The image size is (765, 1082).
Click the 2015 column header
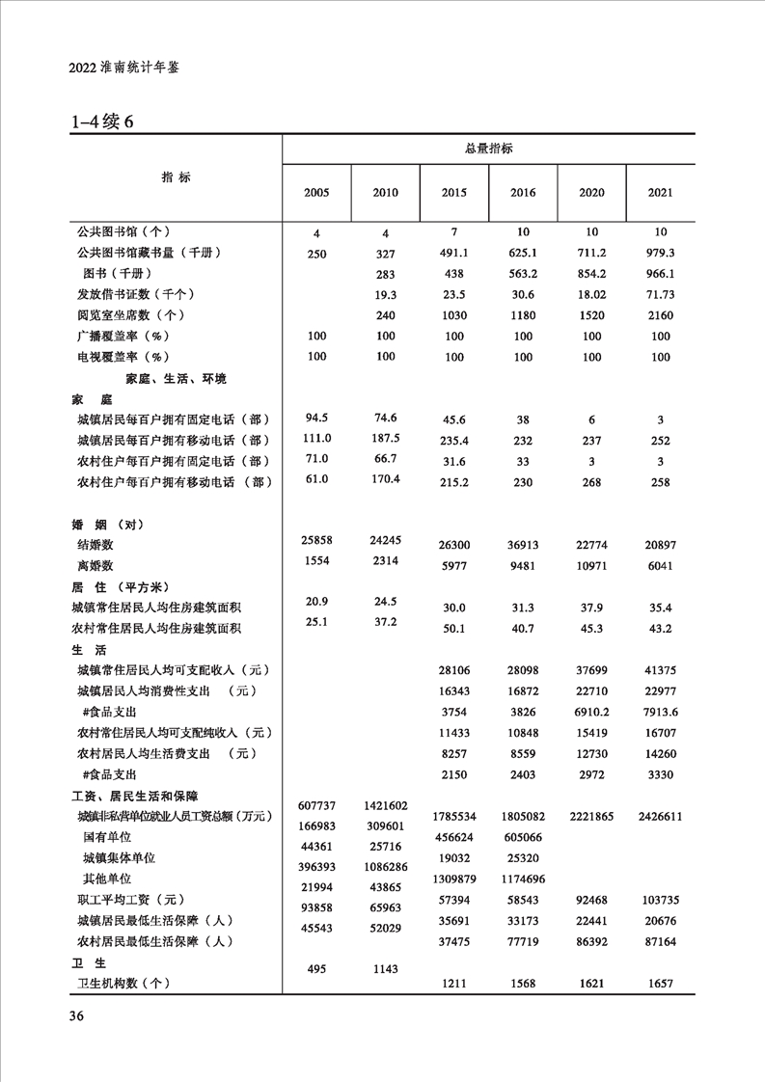point(453,193)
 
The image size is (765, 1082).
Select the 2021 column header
point(660,193)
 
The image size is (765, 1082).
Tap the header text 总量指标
point(488,149)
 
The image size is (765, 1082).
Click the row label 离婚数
point(96,567)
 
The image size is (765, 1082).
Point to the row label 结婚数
point(96,546)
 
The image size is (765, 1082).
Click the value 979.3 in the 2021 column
point(660,253)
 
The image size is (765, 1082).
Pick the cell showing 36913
point(522,546)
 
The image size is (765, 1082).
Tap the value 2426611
point(660,816)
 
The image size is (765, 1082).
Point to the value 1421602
point(385,806)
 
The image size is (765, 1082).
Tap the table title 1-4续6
point(100,122)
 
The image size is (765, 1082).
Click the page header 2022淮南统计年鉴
point(125,69)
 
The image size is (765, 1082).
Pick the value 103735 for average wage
point(660,900)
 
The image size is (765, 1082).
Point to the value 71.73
point(660,294)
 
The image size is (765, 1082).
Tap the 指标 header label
point(176,177)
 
